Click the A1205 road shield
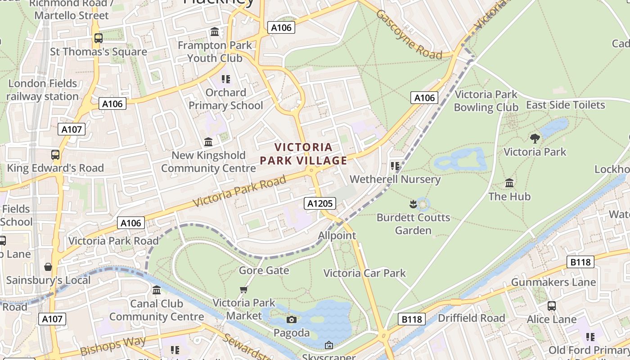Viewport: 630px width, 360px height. coord(319,203)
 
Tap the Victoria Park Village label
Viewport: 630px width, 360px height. coord(304,154)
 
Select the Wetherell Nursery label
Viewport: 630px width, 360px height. coord(395,179)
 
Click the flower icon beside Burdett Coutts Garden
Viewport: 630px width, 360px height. coord(413,205)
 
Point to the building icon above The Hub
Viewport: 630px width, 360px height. coord(509,183)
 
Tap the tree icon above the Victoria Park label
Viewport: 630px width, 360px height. coord(535,138)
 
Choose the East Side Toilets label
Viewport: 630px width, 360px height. coord(565,105)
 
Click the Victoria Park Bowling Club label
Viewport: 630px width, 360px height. coord(486,101)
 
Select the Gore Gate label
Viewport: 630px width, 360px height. coord(264,270)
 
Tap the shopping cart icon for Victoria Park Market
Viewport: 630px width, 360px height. coord(243,289)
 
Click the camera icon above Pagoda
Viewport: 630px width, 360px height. coord(292,319)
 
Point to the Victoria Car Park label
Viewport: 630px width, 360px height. coord(364,273)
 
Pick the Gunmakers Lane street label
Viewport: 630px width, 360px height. coord(553,282)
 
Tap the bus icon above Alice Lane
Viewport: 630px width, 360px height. coord(552,306)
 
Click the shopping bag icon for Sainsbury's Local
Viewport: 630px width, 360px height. coord(48,267)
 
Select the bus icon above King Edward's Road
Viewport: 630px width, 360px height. coord(55,155)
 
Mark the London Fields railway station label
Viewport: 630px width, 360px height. coord(43,90)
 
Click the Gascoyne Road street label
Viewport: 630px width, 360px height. coord(409,34)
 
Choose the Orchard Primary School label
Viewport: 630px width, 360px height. coord(225,99)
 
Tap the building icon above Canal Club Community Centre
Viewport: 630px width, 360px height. coord(157,290)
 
